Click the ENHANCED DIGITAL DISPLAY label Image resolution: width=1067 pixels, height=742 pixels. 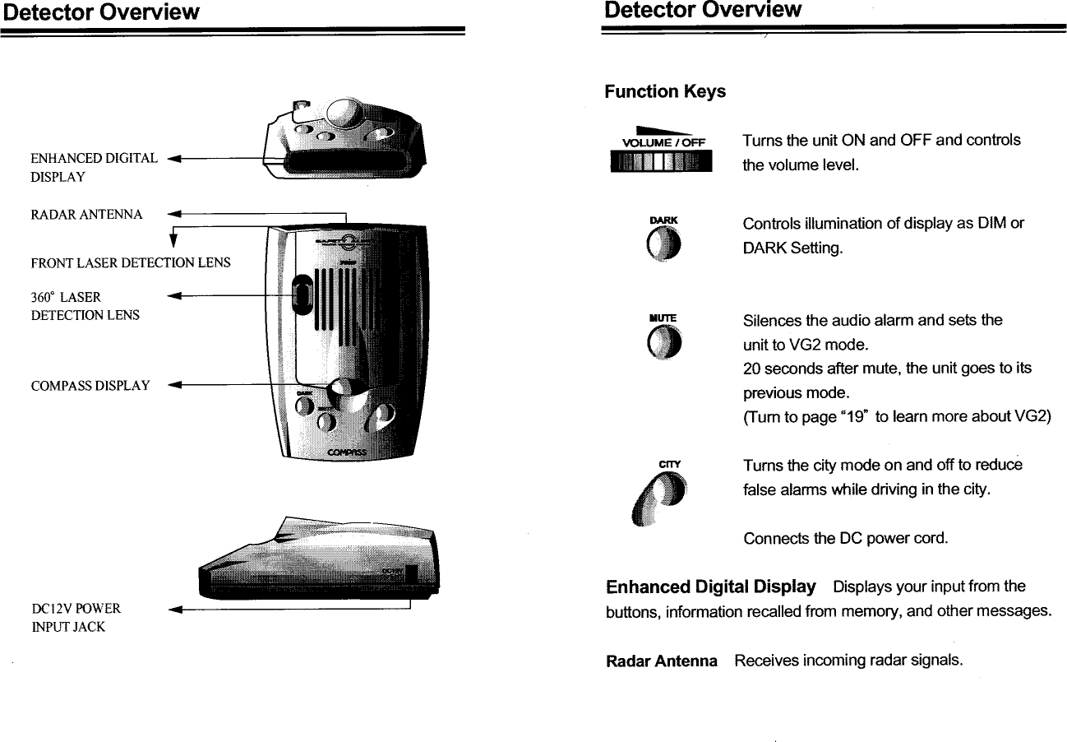(93, 167)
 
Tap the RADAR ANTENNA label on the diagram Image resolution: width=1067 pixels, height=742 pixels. (86, 215)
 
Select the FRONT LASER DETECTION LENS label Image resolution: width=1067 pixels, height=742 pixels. (130, 263)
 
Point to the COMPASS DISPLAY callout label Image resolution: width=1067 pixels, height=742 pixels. (90, 385)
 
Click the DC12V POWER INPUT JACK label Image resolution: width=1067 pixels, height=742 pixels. (76, 618)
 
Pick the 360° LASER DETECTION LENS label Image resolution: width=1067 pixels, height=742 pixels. (85, 306)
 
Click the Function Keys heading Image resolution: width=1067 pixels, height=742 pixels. (665, 91)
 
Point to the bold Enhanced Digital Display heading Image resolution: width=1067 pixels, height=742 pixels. (710, 587)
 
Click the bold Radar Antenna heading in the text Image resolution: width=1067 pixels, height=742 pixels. (661, 661)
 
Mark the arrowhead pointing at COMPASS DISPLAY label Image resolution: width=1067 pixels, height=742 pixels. (173, 385)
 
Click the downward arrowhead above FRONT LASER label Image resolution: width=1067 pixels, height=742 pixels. (173, 241)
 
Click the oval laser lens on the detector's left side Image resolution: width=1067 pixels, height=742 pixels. (303, 294)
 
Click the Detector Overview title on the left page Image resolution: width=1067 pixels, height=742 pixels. (99, 12)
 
